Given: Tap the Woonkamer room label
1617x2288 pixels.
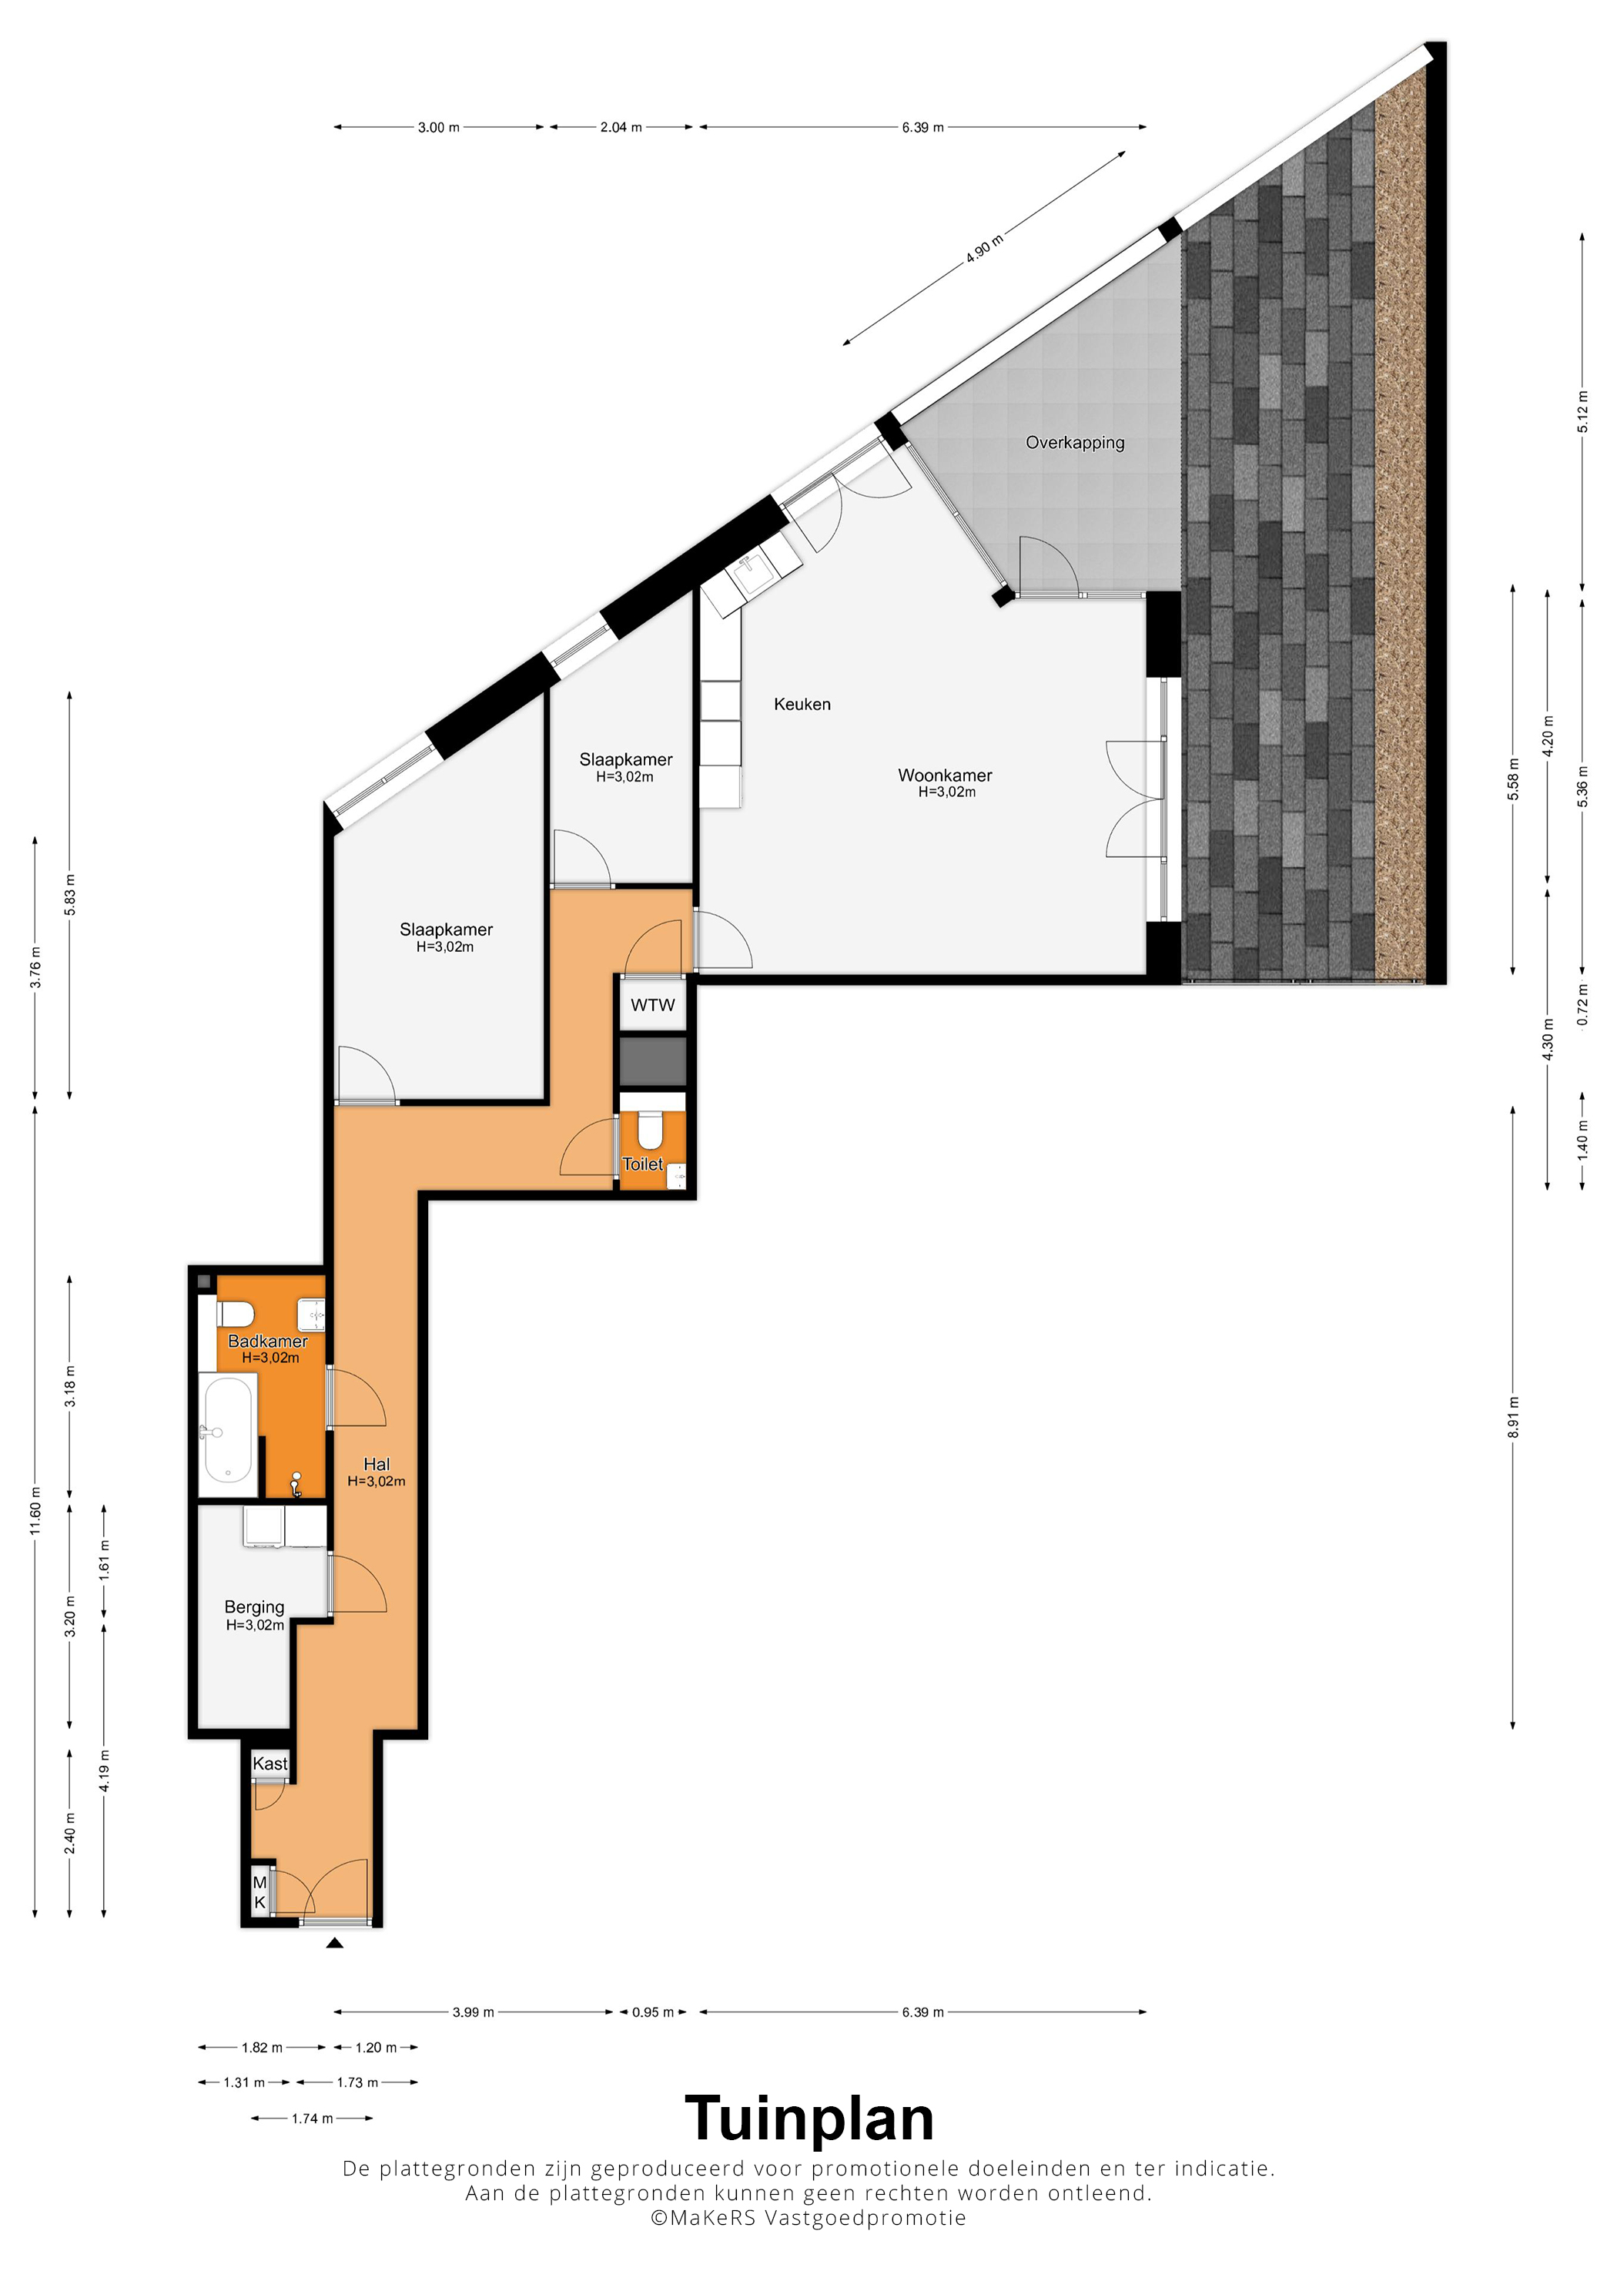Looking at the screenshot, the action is (x=945, y=776).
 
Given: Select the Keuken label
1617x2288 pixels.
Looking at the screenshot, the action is (x=802, y=705).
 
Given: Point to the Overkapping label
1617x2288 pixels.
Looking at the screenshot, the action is (x=1075, y=443).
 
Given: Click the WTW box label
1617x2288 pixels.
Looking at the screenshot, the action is (x=653, y=1006).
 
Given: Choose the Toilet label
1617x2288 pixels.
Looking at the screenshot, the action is (x=643, y=1164).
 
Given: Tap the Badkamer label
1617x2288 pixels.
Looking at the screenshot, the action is (x=268, y=1342).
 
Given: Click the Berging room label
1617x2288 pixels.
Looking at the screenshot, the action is (x=254, y=1607).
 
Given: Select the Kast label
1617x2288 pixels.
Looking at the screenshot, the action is (x=270, y=1764).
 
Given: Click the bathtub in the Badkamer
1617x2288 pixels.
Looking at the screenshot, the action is (x=228, y=1431).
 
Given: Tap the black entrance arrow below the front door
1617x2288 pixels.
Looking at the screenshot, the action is (x=335, y=1942).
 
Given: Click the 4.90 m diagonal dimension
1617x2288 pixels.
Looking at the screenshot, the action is (x=984, y=248).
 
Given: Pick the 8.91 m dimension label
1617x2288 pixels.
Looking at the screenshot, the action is (x=1513, y=1417).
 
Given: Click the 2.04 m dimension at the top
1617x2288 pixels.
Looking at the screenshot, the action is (x=621, y=128).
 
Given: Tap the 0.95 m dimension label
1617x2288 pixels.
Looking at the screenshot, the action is (x=653, y=2012).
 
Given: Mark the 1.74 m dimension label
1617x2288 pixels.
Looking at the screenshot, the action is (x=312, y=2119).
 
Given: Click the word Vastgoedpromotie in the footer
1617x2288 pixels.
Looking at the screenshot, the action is (x=865, y=2218).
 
